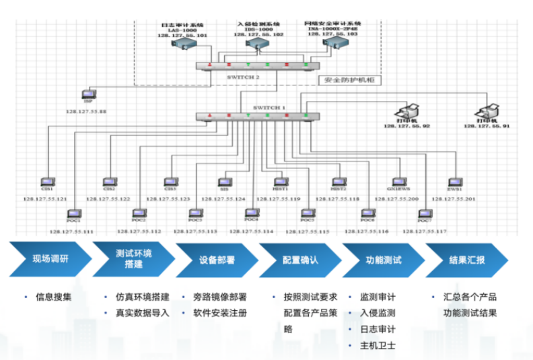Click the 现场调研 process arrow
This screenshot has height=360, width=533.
(x=50, y=259)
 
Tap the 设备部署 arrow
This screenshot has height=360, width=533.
(x=217, y=259)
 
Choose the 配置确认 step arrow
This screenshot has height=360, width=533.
(x=301, y=259)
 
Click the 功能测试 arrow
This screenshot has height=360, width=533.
(x=384, y=259)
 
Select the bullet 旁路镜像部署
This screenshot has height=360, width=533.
(x=220, y=297)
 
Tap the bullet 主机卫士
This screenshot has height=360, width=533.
(x=378, y=346)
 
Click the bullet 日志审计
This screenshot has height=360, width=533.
(x=378, y=330)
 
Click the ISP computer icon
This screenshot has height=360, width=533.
(x=87, y=95)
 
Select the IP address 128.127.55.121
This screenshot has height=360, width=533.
(x=45, y=199)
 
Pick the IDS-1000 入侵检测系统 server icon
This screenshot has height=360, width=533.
(x=255, y=44)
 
